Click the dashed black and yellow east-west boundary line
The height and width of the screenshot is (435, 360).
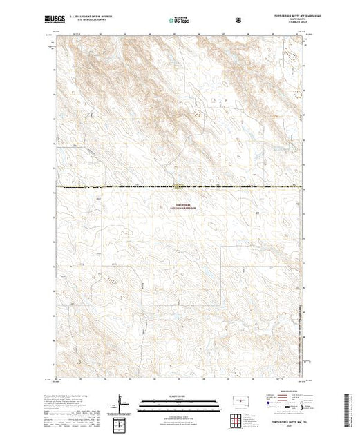[138, 186]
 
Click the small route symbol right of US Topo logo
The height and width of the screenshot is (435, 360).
[239, 21]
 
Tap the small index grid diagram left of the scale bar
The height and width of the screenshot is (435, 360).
[118, 422]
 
